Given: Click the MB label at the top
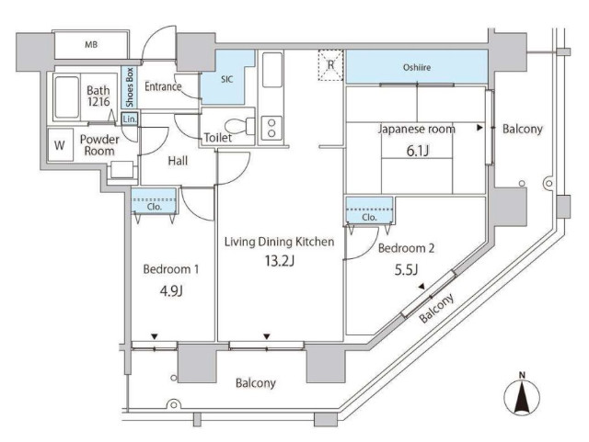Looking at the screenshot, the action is click(x=91, y=45).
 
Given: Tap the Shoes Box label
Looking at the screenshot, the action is click(x=130, y=86).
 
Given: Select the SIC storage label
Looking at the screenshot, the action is click(x=226, y=79).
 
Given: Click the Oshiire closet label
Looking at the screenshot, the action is click(x=417, y=67).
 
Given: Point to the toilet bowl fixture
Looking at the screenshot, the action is click(x=239, y=126).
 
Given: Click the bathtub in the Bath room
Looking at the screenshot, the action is click(x=66, y=97).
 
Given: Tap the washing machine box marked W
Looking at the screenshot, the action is click(x=60, y=145).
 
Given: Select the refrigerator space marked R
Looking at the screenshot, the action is click(x=330, y=65).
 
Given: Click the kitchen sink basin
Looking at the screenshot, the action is click(x=272, y=70).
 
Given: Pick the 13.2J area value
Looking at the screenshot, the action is click(x=279, y=260).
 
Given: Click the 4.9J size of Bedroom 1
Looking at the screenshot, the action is click(x=171, y=290).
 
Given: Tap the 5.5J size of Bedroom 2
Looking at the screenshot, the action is click(x=407, y=269).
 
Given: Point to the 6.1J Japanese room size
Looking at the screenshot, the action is click(x=418, y=151).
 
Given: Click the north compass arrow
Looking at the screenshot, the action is click(x=522, y=395).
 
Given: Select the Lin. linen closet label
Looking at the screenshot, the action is click(x=130, y=119).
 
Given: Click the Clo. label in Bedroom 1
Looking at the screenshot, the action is click(x=155, y=207).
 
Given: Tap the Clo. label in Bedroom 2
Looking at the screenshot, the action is click(x=369, y=217).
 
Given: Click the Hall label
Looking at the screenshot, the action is click(x=178, y=161).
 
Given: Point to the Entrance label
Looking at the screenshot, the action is click(x=163, y=86).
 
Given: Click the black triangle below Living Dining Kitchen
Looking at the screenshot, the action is click(x=267, y=336).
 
